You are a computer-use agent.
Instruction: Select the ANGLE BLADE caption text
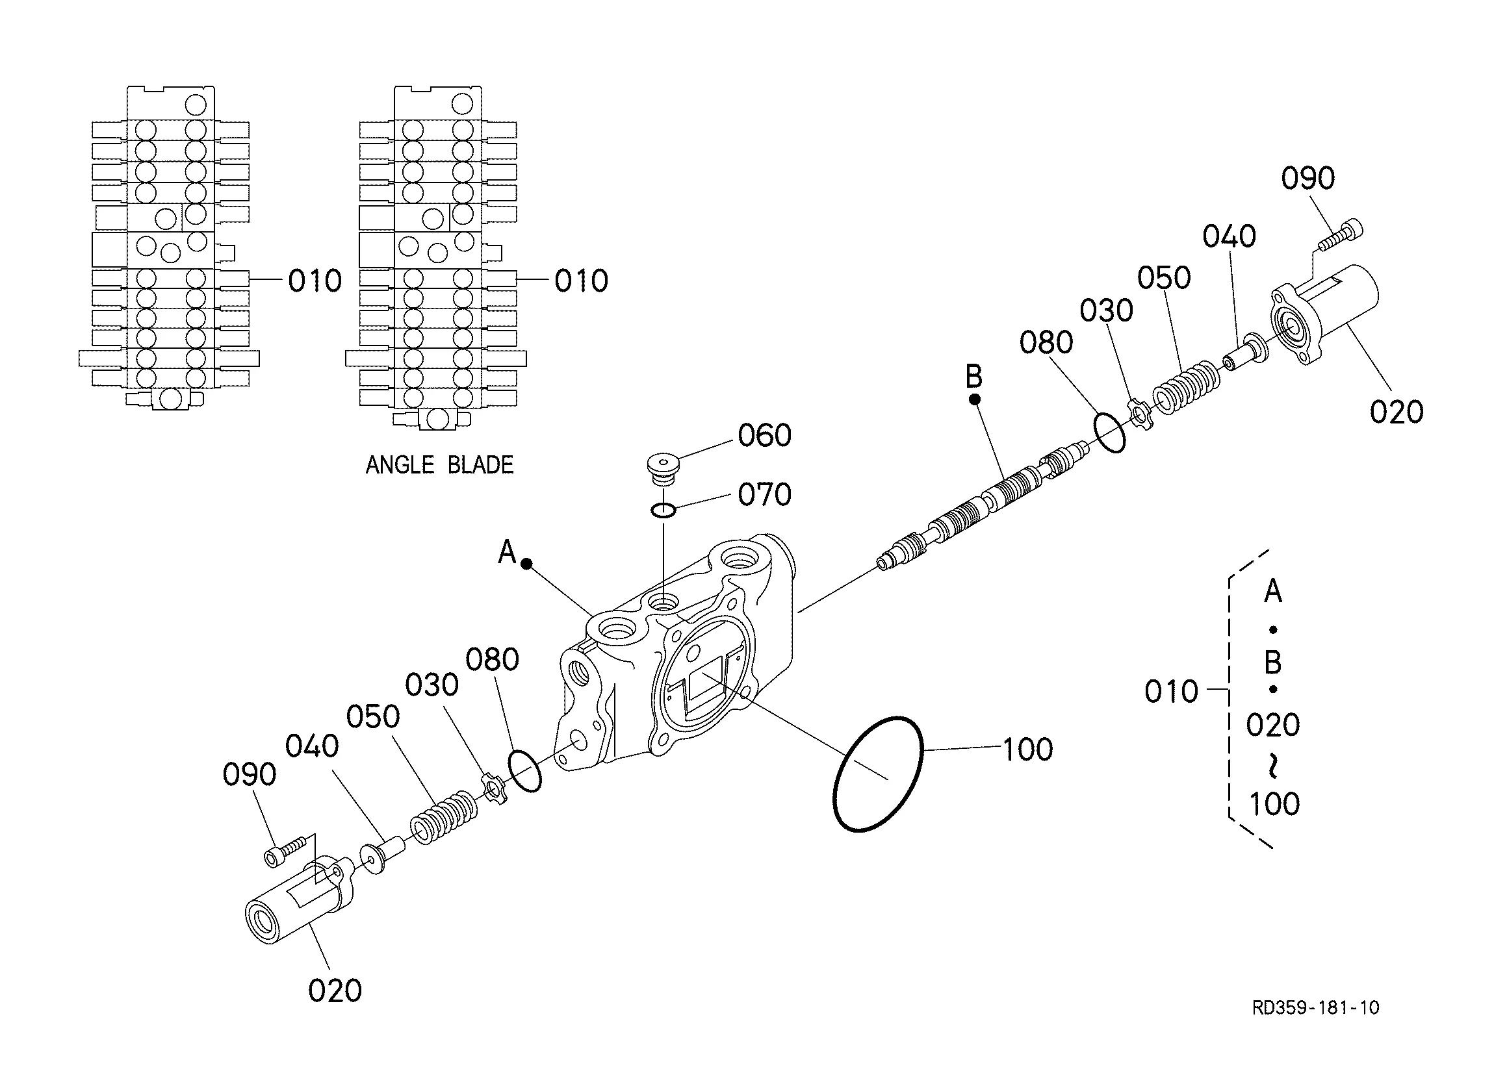[x=439, y=465]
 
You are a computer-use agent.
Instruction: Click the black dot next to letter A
[x=526, y=564]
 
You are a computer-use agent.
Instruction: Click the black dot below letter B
[x=975, y=399]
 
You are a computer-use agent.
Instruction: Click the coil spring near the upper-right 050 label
[x=1186, y=387]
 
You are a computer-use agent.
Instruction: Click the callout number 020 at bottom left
[x=335, y=990]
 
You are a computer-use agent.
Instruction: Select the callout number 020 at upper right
[x=1397, y=412]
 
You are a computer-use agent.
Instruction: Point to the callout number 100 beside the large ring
[x=1027, y=750]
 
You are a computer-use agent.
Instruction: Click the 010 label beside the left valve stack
[x=315, y=281]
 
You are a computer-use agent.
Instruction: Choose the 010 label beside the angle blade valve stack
[x=581, y=281]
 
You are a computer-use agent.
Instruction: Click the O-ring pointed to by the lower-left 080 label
[x=524, y=770]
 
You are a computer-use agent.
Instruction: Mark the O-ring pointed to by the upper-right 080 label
[x=1109, y=432]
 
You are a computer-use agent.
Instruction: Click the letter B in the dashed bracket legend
[x=1272, y=662]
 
